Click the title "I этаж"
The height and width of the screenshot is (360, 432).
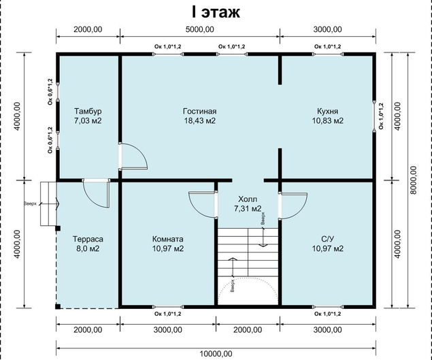[x=216, y=12]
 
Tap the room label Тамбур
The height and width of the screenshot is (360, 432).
[x=88, y=111]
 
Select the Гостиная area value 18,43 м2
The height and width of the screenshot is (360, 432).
[x=200, y=120]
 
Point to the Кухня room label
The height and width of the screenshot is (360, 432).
[x=328, y=111]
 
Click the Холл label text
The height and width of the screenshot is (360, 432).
[x=248, y=199]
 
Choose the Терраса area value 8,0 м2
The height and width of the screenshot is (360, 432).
[x=88, y=248]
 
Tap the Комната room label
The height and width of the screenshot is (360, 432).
[x=168, y=239]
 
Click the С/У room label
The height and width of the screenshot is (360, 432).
[x=328, y=239]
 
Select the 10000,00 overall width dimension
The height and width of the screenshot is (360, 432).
[x=216, y=354]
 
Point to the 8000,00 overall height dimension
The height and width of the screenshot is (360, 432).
[x=413, y=180]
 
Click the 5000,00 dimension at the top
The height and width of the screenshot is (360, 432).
[x=200, y=29]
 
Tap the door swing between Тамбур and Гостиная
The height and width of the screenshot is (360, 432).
[x=133, y=156]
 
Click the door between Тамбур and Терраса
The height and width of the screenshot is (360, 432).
[x=96, y=193]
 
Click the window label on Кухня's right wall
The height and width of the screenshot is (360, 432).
[x=381, y=116]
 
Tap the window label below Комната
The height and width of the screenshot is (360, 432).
[x=168, y=314]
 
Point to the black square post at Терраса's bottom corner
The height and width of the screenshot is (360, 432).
[x=58, y=306]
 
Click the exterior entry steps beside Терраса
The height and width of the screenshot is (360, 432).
[x=48, y=204]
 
